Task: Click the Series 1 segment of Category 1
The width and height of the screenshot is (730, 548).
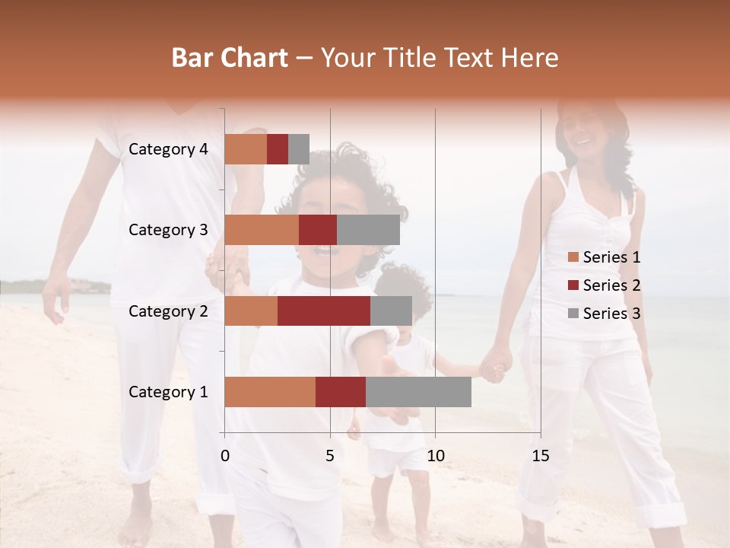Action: click(x=270, y=392)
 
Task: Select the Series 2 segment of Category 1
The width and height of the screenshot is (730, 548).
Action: click(x=341, y=392)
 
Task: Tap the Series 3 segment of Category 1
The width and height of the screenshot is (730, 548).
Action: click(x=418, y=392)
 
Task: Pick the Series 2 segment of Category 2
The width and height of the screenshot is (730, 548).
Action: click(x=324, y=311)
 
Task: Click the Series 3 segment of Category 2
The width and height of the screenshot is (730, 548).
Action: click(x=391, y=311)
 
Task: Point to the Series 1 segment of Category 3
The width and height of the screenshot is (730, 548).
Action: click(x=262, y=230)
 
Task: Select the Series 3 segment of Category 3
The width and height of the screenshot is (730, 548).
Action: click(x=368, y=230)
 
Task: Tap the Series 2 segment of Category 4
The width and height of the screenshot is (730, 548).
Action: click(x=278, y=149)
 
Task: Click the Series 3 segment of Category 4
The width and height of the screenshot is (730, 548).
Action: click(x=299, y=149)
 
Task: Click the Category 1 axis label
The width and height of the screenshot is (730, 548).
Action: click(x=168, y=392)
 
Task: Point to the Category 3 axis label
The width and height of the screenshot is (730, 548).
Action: click(x=168, y=230)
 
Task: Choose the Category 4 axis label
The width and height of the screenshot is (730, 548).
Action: click(x=168, y=149)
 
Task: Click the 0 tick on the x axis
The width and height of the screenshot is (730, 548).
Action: click(x=225, y=456)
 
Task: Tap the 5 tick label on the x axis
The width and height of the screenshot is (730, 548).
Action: click(x=330, y=456)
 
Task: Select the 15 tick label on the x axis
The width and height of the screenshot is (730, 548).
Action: click(x=540, y=456)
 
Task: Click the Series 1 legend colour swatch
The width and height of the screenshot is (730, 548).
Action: click(x=573, y=257)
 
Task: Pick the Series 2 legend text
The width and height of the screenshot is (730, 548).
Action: click(x=611, y=285)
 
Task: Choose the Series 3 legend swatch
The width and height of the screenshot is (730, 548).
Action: click(x=573, y=314)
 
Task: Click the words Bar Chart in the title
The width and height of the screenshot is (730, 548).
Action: click(x=230, y=58)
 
